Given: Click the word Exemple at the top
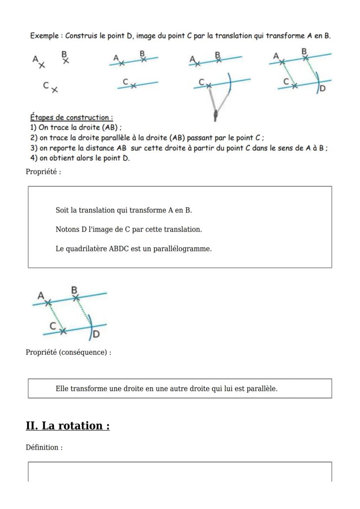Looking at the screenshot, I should click(44, 36).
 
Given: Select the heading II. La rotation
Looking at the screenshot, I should click(67, 425).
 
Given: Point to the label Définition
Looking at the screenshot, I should click(44, 447).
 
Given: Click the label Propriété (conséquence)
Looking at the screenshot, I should click(68, 352).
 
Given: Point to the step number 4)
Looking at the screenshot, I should click(33, 158).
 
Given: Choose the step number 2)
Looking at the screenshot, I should click(33, 138).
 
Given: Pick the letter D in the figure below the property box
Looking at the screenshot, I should click(96, 334).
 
